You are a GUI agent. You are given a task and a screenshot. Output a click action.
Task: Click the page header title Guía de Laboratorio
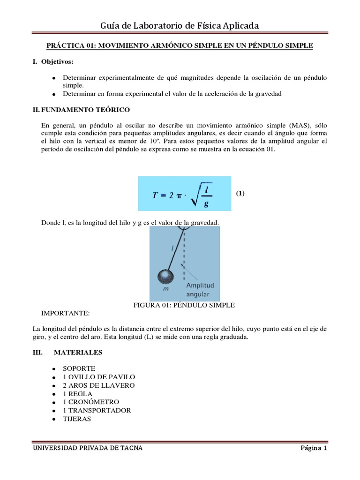[x=180, y=25]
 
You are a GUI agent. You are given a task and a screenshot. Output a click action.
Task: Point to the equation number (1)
[x=240, y=193]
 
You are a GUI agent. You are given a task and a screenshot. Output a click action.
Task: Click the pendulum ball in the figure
[x=165, y=277]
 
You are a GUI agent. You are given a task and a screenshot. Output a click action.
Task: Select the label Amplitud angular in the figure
[x=200, y=290]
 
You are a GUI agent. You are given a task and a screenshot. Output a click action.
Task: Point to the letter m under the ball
[x=165, y=289]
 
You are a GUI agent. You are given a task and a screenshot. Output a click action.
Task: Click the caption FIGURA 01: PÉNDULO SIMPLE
[x=184, y=305]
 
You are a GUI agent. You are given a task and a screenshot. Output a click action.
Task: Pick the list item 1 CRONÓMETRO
[x=91, y=402]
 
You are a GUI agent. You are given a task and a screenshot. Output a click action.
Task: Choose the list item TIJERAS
[x=77, y=419]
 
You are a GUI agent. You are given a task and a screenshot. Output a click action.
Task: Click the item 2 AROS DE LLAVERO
[x=99, y=385]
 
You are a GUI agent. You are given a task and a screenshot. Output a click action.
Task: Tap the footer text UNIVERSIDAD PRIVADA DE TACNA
[x=87, y=448]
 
